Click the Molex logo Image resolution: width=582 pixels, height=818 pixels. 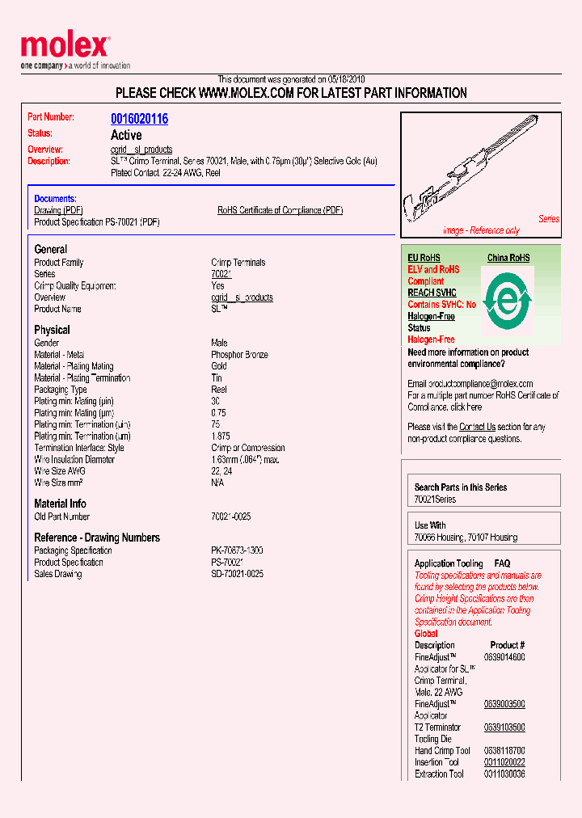pyautogui.click(x=65, y=47)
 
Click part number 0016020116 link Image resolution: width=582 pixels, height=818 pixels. pyautogui.click(x=139, y=119)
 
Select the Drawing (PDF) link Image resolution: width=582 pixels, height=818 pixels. pyautogui.click(x=59, y=210)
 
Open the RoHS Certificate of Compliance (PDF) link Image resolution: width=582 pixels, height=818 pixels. pyautogui.click(x=280, y=210)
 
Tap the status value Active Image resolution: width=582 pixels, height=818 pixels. pyautogui.click(x=126, y=135)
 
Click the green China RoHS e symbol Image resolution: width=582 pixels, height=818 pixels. pyautogui.click(x=507, y=299)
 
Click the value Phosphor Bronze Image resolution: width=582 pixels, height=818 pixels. pyautogui.click(x=239, y=355)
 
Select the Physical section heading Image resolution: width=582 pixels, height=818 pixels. pyautogui.click(x=52, y=330)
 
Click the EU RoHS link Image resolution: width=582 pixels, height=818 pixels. pyautogui.click(x=425, y=258)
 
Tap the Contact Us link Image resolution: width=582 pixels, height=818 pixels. pyautogui.click(x=477, y=427)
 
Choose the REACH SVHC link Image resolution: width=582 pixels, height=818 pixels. pyautogui.click(x=432, y=293)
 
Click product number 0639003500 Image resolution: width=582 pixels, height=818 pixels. pyautogui.click(x=504, y=704)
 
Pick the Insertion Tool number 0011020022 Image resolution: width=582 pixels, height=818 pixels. pyautogui.click(x=504, y=762)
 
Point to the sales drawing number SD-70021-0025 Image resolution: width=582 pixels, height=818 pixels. pyautogui.click(x=237, y=574)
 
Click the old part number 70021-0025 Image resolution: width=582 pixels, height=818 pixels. pyautogui.click(x=230, y=517)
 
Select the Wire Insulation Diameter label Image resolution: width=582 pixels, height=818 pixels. pyautogui.click(x=74, y=459)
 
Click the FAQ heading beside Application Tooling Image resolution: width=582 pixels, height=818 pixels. pyautogui.click(x=502, y=563)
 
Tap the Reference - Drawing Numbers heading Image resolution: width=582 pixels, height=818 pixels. pyautogui.click(x=97, y=538)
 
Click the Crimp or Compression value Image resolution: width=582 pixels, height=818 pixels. pyautogui.click(x=247, y=448)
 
